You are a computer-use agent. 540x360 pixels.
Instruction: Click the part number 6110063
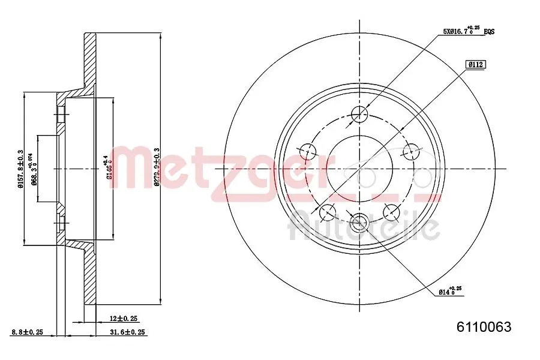pos(484,327)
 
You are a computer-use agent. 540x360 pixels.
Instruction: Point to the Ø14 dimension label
pos(449,292)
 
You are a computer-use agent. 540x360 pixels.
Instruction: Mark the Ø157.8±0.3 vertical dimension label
pos(20,169)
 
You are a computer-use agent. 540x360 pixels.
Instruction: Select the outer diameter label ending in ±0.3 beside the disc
pos(157,169)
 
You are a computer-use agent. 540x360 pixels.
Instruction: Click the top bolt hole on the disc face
pos(359,113)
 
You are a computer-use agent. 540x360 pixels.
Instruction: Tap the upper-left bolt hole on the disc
pos(308,151)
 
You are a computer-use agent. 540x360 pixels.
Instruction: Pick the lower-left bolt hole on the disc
pos(328,211)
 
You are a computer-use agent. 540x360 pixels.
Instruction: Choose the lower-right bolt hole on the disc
pos(391,211)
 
